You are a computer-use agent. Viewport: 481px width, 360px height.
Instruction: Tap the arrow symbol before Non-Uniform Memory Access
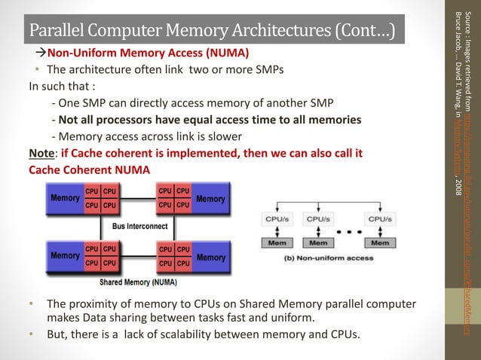[41, 54]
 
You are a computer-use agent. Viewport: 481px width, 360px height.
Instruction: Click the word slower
[224, 136]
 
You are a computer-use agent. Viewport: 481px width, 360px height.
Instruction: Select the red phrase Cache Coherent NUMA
[89, 169]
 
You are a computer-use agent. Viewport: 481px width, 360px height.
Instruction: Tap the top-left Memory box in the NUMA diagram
[66, 198]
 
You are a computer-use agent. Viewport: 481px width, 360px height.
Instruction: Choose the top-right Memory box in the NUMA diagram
[210, 199]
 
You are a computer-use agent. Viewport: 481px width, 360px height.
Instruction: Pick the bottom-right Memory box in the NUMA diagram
[210, 258]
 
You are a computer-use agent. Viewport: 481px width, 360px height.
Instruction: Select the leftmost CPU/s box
[277, 218]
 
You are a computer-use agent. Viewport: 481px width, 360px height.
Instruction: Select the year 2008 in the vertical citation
[458, 186]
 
